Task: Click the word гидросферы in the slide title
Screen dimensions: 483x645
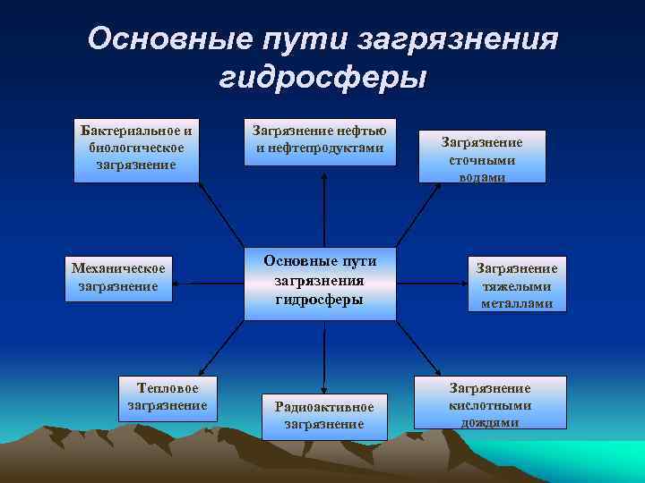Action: [x=322, y=78]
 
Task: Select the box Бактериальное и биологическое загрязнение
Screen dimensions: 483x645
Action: [x=136, y=148]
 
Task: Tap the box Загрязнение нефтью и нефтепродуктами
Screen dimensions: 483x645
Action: [x=320, y=140]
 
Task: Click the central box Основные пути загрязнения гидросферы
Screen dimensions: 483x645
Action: [x=320, y=283]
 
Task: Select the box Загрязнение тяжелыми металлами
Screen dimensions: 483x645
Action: [x=516, y=284]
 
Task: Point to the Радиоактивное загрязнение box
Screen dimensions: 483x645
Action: [x=323, y=415]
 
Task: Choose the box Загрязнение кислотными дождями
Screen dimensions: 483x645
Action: [x=490, y=403]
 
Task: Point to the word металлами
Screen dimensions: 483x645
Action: [x=516, y=303]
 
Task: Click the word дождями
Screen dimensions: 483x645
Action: [x=490, y=421]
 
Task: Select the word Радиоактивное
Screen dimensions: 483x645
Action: [x=323, y=407]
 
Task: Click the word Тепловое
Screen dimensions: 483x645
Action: [x=167, y=388]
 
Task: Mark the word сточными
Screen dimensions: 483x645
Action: [x=482, y=159]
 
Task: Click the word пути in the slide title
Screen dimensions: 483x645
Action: [x=297, y=38]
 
